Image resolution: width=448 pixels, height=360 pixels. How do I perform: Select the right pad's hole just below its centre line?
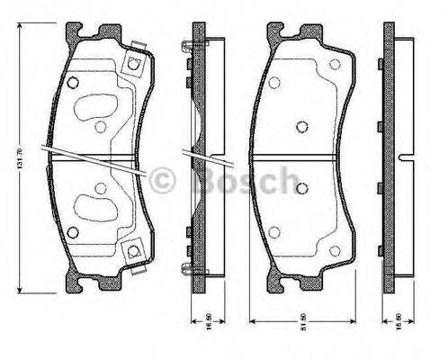302,187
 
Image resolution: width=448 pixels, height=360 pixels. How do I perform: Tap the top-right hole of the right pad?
336,65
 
